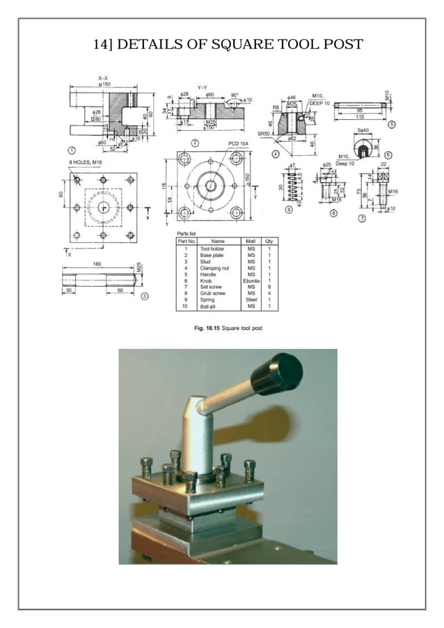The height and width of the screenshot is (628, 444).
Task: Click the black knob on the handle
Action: click(x=276, y=374)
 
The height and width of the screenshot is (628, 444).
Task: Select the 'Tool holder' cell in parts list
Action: click(x=213, y=247)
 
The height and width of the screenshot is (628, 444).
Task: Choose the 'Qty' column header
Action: click(x=269, y=240)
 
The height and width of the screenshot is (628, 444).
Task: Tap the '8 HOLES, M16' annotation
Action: click(x=86, y=162)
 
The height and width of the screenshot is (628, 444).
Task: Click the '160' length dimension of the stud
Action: click(x=95, y=265)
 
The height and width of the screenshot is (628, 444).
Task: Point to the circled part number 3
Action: click(x=144, y=296)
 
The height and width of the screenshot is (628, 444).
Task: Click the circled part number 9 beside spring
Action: click(x=287, y=208)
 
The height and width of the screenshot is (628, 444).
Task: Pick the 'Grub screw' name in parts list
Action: click(x=212, y=293)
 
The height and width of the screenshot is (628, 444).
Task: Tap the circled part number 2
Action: click(x=195, y=143)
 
